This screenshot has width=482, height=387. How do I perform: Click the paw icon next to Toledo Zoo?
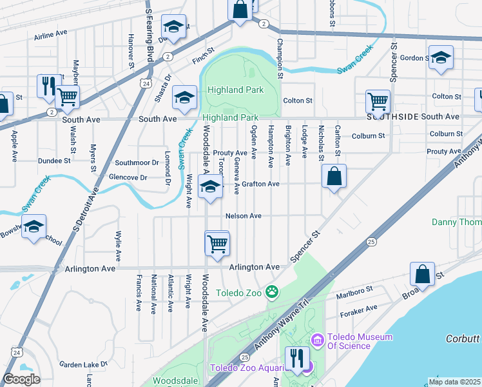click(x=273, y=292)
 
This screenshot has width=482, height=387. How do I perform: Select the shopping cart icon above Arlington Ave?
click(x=217, y=244)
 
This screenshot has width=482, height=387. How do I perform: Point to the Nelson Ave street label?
click(x=243, y=216)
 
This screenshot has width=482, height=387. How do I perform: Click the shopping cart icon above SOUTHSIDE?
click(x=378, y=100)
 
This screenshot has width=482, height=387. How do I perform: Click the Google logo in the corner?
click(x=21, y=379)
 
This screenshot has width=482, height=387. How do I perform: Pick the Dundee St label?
click(x=53, y=161)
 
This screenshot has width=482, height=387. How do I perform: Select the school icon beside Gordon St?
click(x=441, y=58)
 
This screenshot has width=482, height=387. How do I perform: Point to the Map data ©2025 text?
click(x=455, y=381)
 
